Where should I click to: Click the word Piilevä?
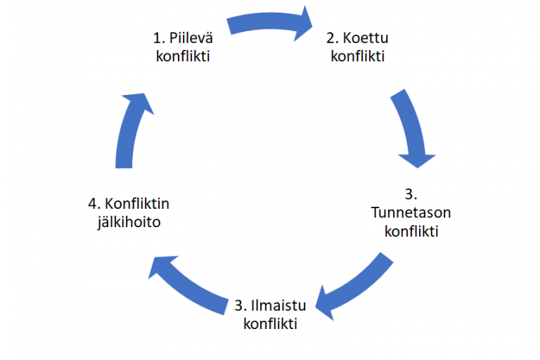tap(191, 37)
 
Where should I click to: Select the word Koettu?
tap(366, 37)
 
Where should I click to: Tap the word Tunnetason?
tap(411, 212)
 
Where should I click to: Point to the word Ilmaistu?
tap(278, 306)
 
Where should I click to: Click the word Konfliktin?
tap(137, 204)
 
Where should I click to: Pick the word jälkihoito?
tap(129, 222)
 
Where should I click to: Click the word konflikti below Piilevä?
tap(183, 56)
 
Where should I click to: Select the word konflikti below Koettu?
tap(357, 56)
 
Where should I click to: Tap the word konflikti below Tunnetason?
tap(411, 231)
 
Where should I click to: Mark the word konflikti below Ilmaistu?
tap(270, 324)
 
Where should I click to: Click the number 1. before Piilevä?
tap(159, 38)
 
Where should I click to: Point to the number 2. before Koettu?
tap(333, 38)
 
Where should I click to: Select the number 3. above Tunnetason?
tap(411, 194)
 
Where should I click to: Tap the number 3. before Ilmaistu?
tap(240, 306)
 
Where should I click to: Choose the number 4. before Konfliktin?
tap(94, 204)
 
